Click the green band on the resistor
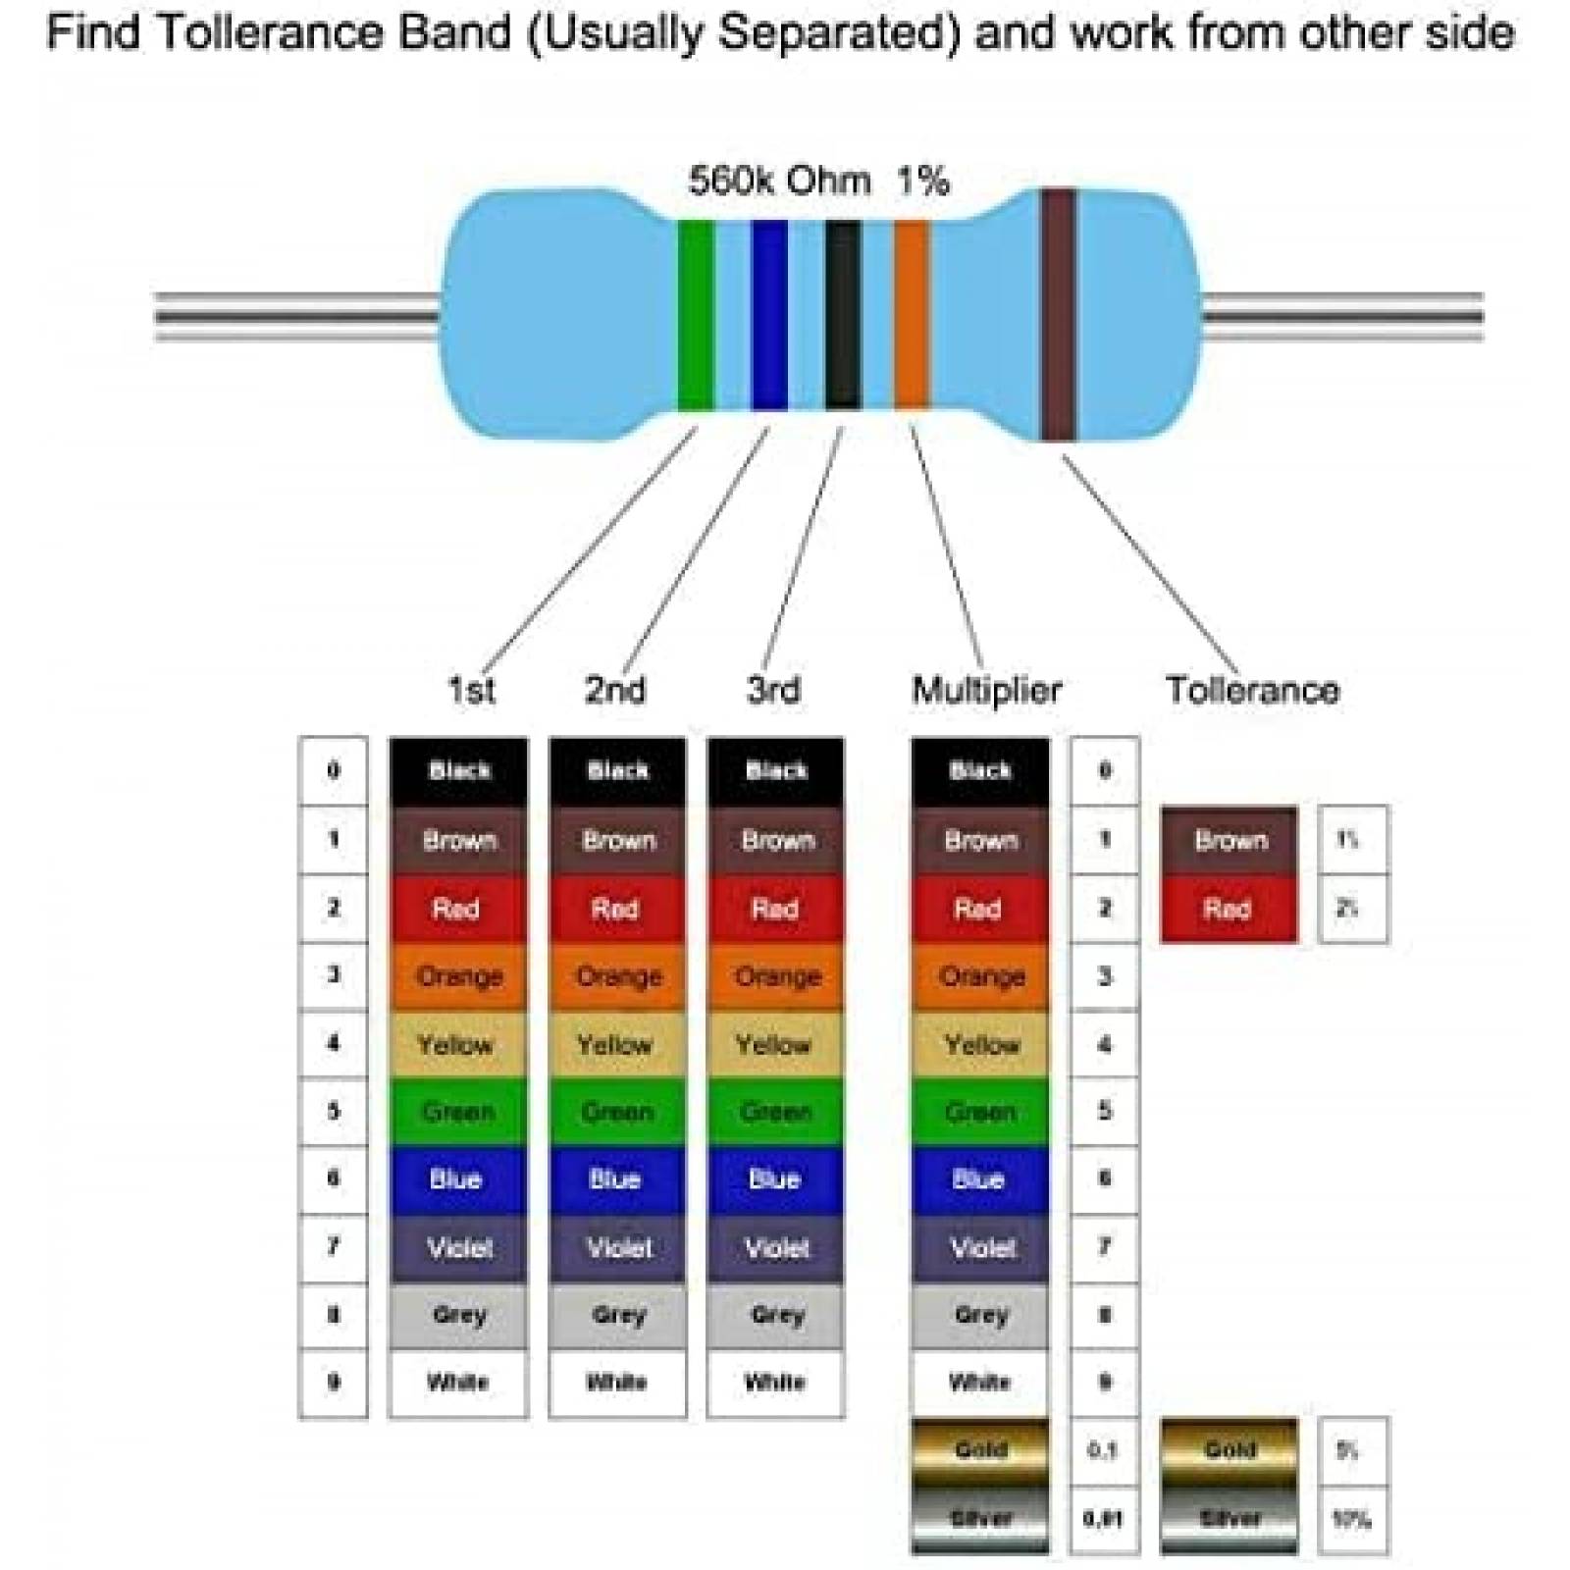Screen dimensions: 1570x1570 tap(695, 314)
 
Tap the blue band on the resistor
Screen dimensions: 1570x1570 tap(769, 314)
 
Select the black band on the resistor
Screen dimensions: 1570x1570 tap(842, 314)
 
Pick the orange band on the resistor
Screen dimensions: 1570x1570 tap(911, 314)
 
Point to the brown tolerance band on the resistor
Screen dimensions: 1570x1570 tap(1058, 314)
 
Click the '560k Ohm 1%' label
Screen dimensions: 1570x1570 tap(818, 182)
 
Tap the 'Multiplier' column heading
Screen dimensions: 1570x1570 tap(986, 690)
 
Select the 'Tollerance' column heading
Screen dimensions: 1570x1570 tap(1252, 690)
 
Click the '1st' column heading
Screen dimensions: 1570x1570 tap(471, 690)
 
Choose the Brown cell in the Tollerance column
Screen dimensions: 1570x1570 tap(1229, 840)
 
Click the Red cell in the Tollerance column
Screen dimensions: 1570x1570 tap(1229, 909)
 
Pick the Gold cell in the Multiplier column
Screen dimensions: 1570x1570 tap(979, 1450)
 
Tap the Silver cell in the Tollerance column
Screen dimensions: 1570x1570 tap(1229, 1519)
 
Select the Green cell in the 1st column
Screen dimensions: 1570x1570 tap(458, 1112)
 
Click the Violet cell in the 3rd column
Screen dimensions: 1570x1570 tap(775, 1248)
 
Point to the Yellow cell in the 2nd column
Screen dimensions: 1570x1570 tap(616, 1044)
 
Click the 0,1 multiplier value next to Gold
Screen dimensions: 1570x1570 tap(1104, 1450)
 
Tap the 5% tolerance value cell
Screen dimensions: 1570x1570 tap(1351, 1450)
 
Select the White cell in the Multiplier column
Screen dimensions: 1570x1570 tap(979, 1383)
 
